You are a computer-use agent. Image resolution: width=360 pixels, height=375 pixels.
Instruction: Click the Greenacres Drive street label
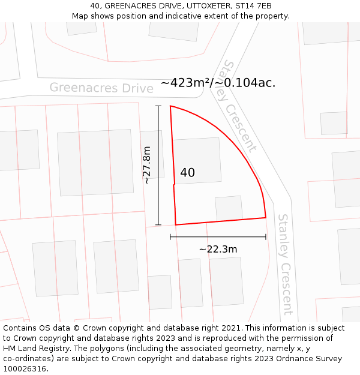[101, 88]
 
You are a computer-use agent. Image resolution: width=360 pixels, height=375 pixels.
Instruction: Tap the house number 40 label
[187, 173]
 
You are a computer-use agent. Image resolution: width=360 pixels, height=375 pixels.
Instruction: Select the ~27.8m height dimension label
[147, 165]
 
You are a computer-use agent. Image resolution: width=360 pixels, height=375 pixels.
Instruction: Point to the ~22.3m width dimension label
[218, 249]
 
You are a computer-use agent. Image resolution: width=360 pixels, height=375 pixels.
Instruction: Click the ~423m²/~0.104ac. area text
[218, 83]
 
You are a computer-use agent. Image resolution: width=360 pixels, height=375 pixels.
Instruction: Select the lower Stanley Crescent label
[284, 264]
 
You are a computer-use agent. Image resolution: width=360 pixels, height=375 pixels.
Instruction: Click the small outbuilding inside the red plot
[229, 208]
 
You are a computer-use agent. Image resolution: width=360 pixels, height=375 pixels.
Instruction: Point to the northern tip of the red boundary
[171, 106]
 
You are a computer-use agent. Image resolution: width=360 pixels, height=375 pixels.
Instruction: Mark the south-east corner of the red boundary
[265, 217]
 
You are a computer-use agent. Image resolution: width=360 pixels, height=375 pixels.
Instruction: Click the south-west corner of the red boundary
[175, 225]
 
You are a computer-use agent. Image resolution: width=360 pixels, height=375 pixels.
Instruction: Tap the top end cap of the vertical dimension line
[158, 106]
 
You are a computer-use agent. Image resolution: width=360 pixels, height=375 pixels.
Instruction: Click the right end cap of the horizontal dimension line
[265, 237]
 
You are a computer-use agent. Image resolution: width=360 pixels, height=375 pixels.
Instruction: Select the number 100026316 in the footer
[25, 369]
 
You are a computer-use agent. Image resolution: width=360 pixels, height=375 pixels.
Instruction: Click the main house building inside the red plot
[196, 160]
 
